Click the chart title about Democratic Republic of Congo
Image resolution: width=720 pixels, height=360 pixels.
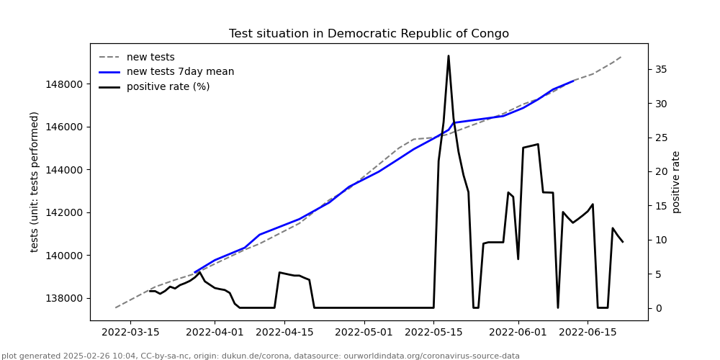click(x=369, y=34)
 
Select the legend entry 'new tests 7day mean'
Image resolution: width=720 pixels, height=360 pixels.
click(x=180, y=72)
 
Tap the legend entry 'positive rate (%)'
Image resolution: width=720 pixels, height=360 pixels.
click(x=168, y=87)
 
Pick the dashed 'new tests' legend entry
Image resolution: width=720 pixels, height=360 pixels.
click(x=150, y=58)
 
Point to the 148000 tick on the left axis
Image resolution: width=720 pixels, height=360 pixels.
click(x=63, y=84)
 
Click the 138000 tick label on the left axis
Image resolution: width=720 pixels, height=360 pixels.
click(x=63, y=298)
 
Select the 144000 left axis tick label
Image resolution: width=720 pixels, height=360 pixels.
click(x=63, y=170)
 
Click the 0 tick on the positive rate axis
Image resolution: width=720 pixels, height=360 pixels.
click(x=657, y=308)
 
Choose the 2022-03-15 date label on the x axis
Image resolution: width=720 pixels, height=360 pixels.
click(x=130, y=333)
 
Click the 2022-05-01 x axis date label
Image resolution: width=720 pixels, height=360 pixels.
click(x=364, y=333)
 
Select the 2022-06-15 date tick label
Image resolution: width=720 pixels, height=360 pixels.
click(x=588, y=333)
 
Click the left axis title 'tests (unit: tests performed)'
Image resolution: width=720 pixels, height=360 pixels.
click(x=35, y=181)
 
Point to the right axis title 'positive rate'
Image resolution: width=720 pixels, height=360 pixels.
click(x=676, y=181)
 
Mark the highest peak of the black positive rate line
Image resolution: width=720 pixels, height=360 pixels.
click(x=449, y=56)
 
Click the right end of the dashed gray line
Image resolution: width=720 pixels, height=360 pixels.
click(x=622, y=56)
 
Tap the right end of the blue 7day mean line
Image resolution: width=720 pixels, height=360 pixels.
click(x=573, y=81)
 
